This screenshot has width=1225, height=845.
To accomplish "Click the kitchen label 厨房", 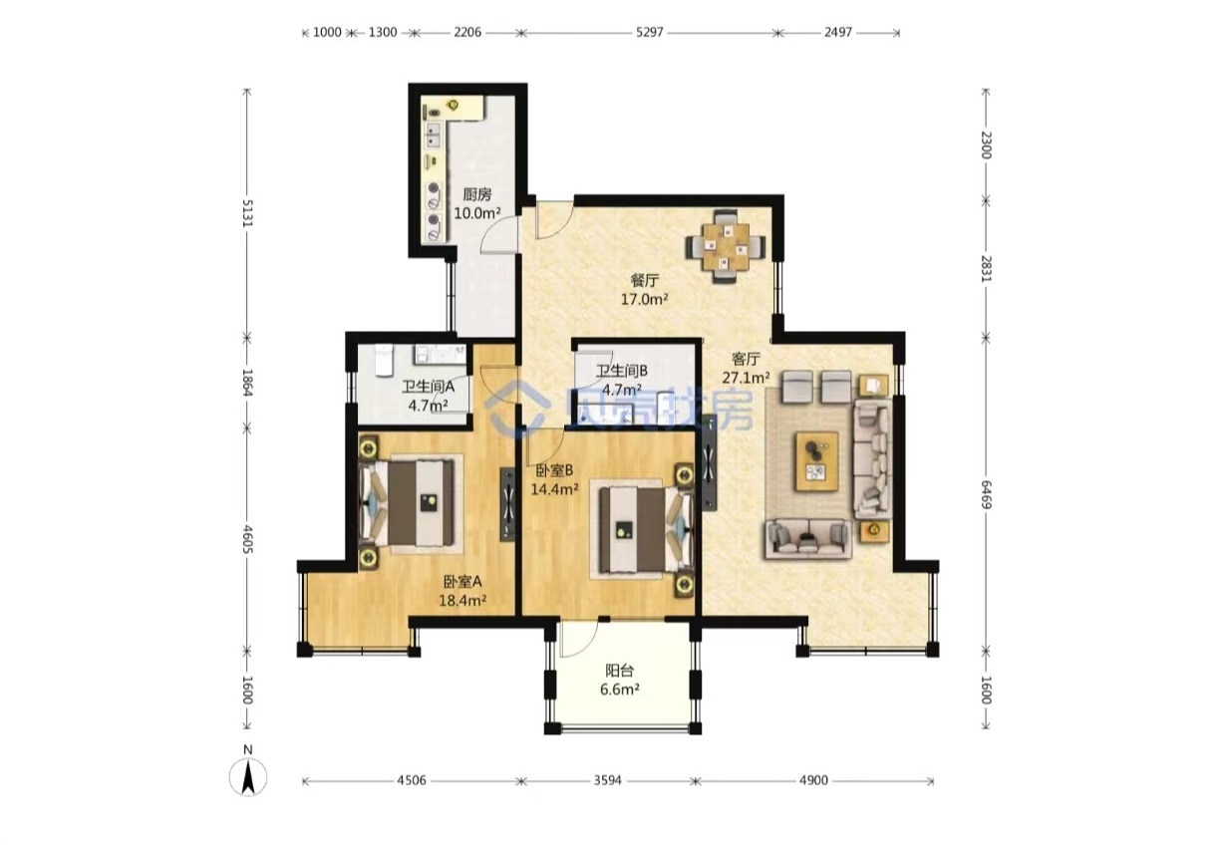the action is tap(476, 194).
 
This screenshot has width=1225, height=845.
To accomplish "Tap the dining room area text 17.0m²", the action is tap(644, 300).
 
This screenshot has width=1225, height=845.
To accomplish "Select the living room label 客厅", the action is tap(746, 359).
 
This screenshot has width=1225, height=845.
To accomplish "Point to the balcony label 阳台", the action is tap(619, 670).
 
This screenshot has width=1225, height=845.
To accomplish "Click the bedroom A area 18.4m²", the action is tap(462, 601).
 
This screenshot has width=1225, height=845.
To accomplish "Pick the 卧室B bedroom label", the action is tap(553, 470).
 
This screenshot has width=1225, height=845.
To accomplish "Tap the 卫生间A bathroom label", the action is tap(429, 387).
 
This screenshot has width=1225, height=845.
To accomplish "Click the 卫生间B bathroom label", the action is tap(622, 371).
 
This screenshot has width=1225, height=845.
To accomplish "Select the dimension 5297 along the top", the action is tap(649, 32).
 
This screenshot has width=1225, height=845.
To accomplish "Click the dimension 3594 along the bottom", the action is tap(608, 780).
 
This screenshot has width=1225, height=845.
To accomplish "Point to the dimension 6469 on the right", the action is tap(986, 494).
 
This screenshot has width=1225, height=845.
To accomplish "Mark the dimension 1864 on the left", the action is tap(247, 383).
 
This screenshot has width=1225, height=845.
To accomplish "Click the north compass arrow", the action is tap(248, 778).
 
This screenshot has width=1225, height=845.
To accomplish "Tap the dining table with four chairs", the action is tap(727, 246).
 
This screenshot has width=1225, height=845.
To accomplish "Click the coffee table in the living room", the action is tap(817, 461).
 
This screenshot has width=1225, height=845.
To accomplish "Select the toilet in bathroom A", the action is tap(384, 360).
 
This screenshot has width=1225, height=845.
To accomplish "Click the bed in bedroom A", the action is tap(407, 503).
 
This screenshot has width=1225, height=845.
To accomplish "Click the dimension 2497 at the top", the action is tap(838, 32).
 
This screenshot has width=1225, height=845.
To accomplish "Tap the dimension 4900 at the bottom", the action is tap(813, 780).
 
